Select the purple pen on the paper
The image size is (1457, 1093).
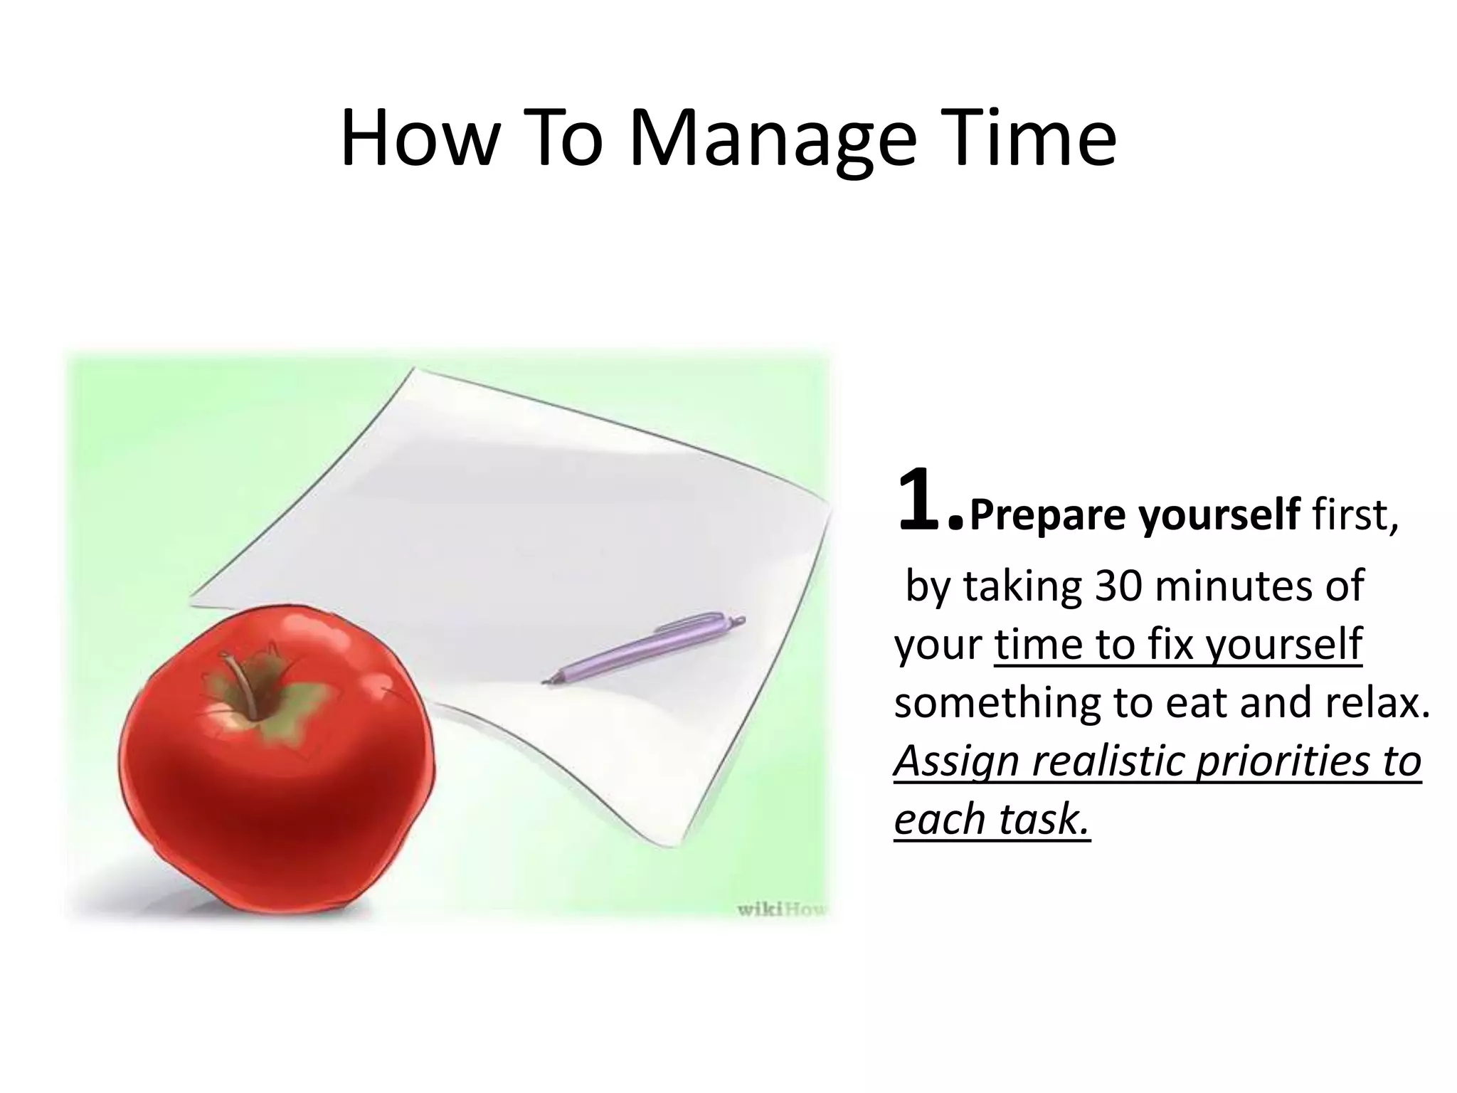[x=645, y=649]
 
